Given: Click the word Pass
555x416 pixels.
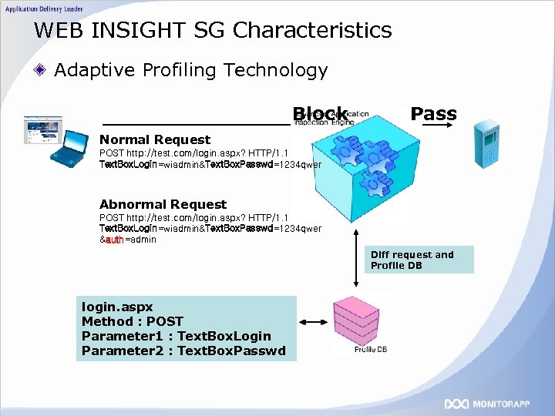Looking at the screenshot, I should click(433, 114).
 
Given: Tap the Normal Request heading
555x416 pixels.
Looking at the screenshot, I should click(154, 139).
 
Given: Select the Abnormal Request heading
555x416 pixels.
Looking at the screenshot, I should click(163, 204).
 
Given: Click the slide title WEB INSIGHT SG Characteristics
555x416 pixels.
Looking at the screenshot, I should click(213, 31).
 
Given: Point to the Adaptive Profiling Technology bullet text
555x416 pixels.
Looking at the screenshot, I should click(190, 70).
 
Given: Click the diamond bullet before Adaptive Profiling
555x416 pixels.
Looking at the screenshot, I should click(42, 71).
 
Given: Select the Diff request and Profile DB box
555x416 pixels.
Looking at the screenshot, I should click(420, 260).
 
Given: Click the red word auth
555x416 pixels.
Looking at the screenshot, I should click(115, 240).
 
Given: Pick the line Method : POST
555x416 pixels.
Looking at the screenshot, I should click(132, 321).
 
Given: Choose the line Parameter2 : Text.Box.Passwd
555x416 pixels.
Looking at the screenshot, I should click(183, 351).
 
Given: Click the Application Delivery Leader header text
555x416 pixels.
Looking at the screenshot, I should click(44, 7).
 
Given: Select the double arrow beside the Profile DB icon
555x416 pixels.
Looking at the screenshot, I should click(315, 323).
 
